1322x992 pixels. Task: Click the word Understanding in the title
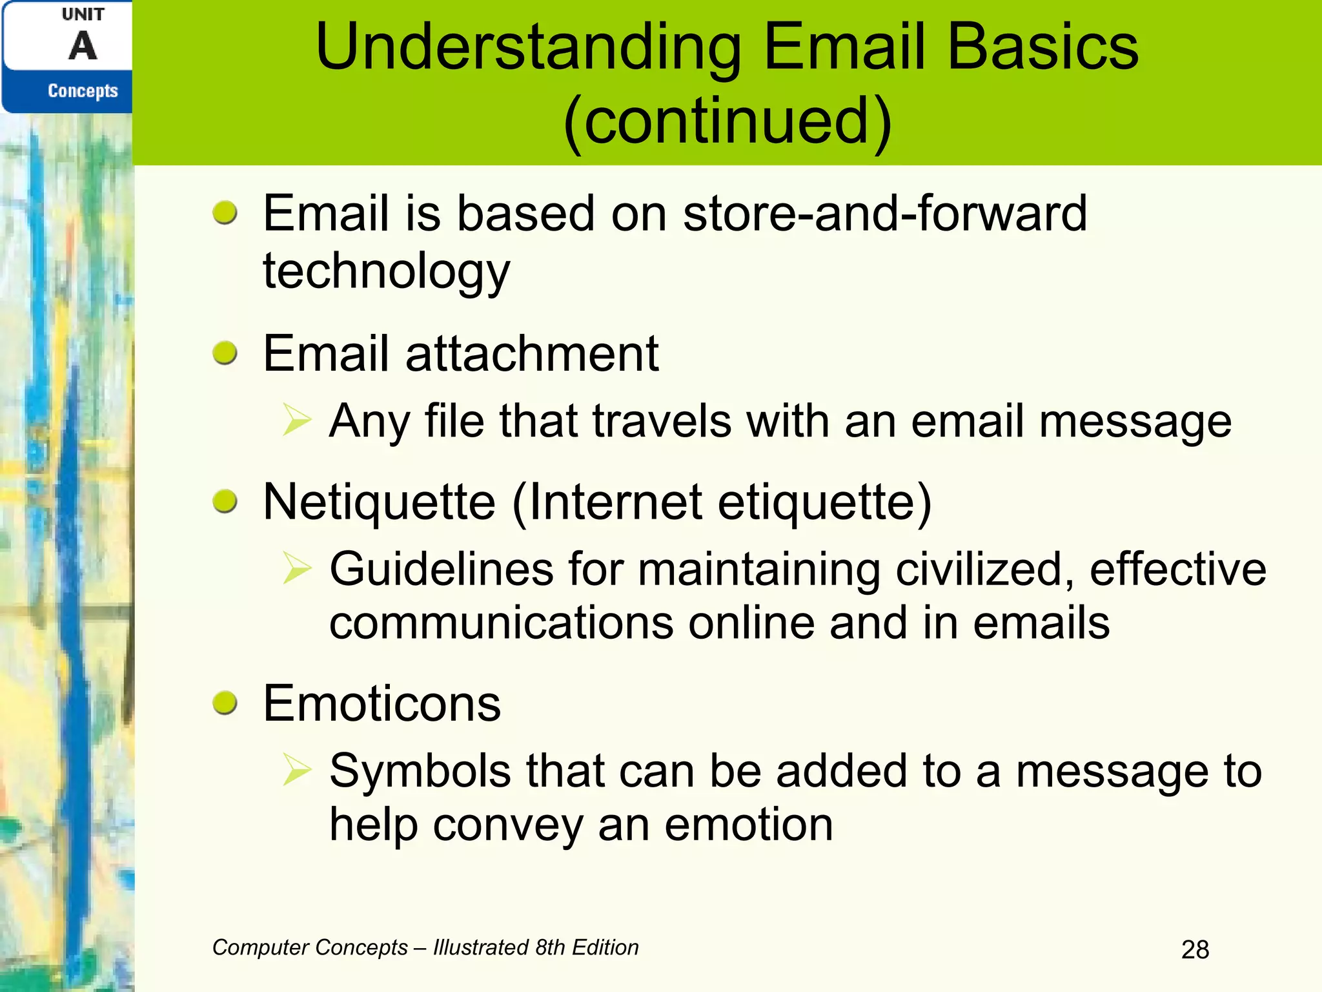click(x=528, y=48)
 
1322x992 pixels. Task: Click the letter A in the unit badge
click(x=83, y=46)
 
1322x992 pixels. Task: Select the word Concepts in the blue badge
click(x=83, y=91)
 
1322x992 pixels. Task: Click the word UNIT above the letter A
click(x=83, y=14)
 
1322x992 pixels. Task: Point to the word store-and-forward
click(x=884, y=213)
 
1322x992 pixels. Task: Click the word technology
click(x=386, y=271)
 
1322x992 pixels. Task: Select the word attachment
click(x=532, y=354)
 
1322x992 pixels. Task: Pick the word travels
click(x=662, y=421)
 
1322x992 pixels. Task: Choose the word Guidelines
click(x=442, y=570)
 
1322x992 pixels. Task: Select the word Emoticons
click(x=381, y=703)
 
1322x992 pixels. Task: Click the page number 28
click(x=1195, y=949)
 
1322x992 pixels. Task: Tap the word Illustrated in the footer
click(x=480, y=947)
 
